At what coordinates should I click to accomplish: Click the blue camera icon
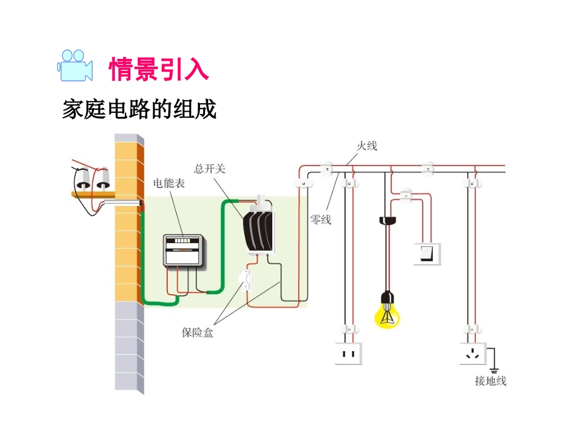(x=75, y=65)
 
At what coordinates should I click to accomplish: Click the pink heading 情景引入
(x=159, y=69)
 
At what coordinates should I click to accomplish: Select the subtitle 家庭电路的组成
(x=139, y=110)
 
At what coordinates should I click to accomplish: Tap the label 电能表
(x=169, y=184)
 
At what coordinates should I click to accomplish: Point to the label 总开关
(x=210, y=169)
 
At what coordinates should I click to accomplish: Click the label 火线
(x=367, y=146)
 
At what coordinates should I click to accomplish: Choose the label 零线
(x=320, y=220)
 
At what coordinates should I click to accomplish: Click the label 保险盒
(x=198, y=332)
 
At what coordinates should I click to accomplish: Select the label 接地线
(x=490, y=381)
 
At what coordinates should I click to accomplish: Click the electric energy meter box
(x=186, y=250)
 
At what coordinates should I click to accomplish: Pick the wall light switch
(x=427, y=253)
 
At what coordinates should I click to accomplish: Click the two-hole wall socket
(x=349, y=354)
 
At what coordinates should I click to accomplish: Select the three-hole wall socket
(x=473, y=354)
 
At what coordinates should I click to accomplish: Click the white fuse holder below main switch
(x=246, y=280)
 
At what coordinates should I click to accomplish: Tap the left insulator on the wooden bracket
(x=82, y=178)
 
